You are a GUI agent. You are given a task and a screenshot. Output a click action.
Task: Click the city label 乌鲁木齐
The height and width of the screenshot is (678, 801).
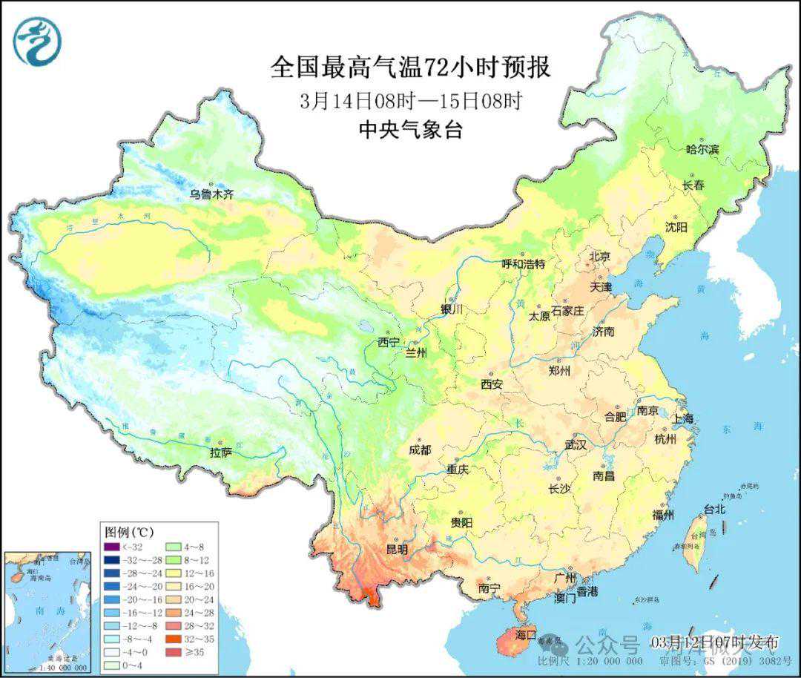(211, 194)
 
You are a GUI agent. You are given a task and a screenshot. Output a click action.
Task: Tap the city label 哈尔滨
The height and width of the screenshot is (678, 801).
(702, 149)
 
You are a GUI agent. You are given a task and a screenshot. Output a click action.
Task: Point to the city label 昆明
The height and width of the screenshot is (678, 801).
(397, 550)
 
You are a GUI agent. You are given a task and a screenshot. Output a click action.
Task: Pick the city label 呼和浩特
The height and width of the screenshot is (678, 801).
(523, 263)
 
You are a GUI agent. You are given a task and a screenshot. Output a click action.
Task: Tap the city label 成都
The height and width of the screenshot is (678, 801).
(420, 450)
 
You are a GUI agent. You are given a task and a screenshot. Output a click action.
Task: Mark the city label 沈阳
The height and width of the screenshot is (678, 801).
(676, 226)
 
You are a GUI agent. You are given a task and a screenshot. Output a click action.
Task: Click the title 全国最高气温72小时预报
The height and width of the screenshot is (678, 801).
(411, 68)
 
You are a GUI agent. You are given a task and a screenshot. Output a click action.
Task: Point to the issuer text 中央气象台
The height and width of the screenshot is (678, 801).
(410, 130)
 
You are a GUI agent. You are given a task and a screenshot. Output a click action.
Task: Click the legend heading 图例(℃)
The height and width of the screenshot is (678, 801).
(129, 532)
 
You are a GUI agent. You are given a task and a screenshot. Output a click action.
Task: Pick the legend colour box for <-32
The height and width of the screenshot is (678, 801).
(111, 547)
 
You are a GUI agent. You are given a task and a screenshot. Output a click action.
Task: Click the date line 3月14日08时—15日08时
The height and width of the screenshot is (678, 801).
(411, 100)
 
